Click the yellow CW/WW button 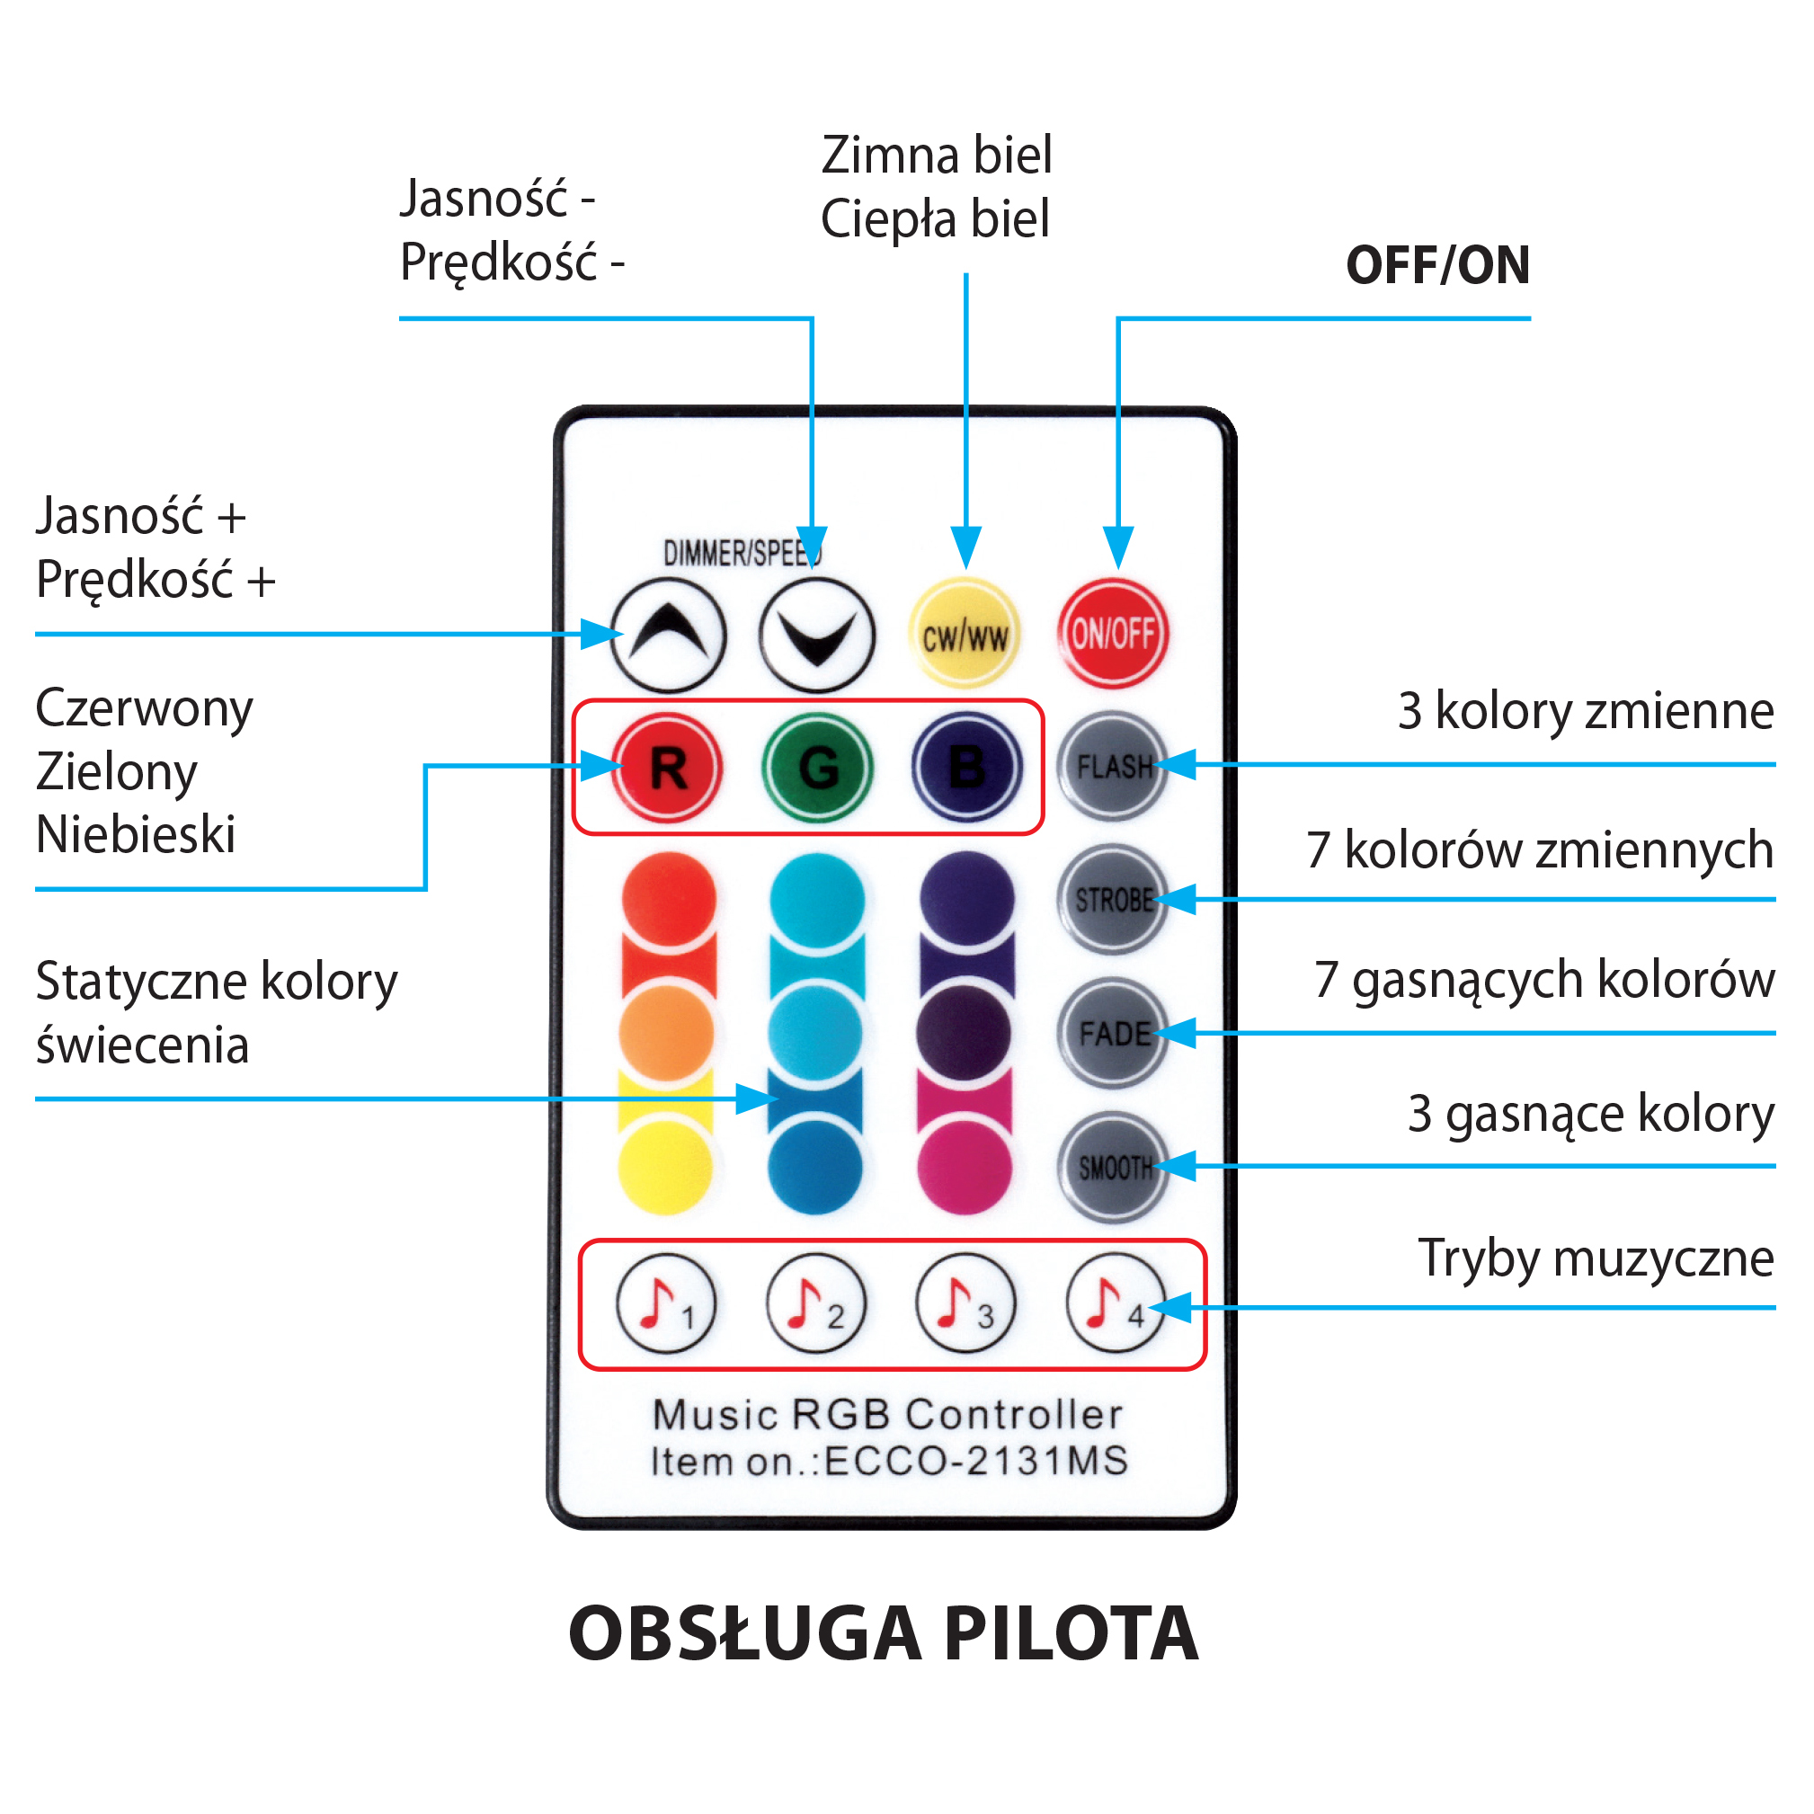pyautogui.click(x=965, y=634)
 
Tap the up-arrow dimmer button pyautogui.click(x=668, y=635)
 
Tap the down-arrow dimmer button pyautogui.click(x=816, y=635)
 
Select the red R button pyautogui.click(x=667, y=767)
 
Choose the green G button pyautogui.click(x=817, y=767)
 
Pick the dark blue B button pyautogui.click(x=966, y=767)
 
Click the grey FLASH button pyautogui.click(x=1113, y=766)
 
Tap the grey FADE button pyautogui.click(x=1113, y=1033)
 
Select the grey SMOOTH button pyautogui.click(x=1114, y=1167)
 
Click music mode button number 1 pyautogui.click(x=666, y=1303)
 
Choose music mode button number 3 pyautogui.click(x=965, y=1303)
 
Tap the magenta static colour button pyautogui.click(x=965, y=1167)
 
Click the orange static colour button pyautogui.click(x=667, y=1033)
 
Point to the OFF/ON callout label pyautogui.click(x=1437, y=266)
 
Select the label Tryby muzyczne pyautogui.click(x=1596, y=1258)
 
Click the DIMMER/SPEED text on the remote pyautogui.click(x=742, y=554)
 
